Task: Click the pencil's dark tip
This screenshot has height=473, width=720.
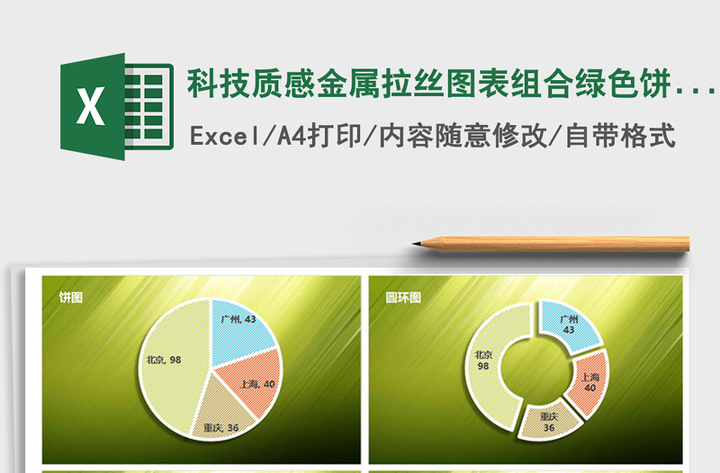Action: tap(417, 243)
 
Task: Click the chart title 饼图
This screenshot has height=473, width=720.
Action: tap(71, 297)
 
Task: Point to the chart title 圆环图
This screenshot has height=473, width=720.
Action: tap(403, 297)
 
